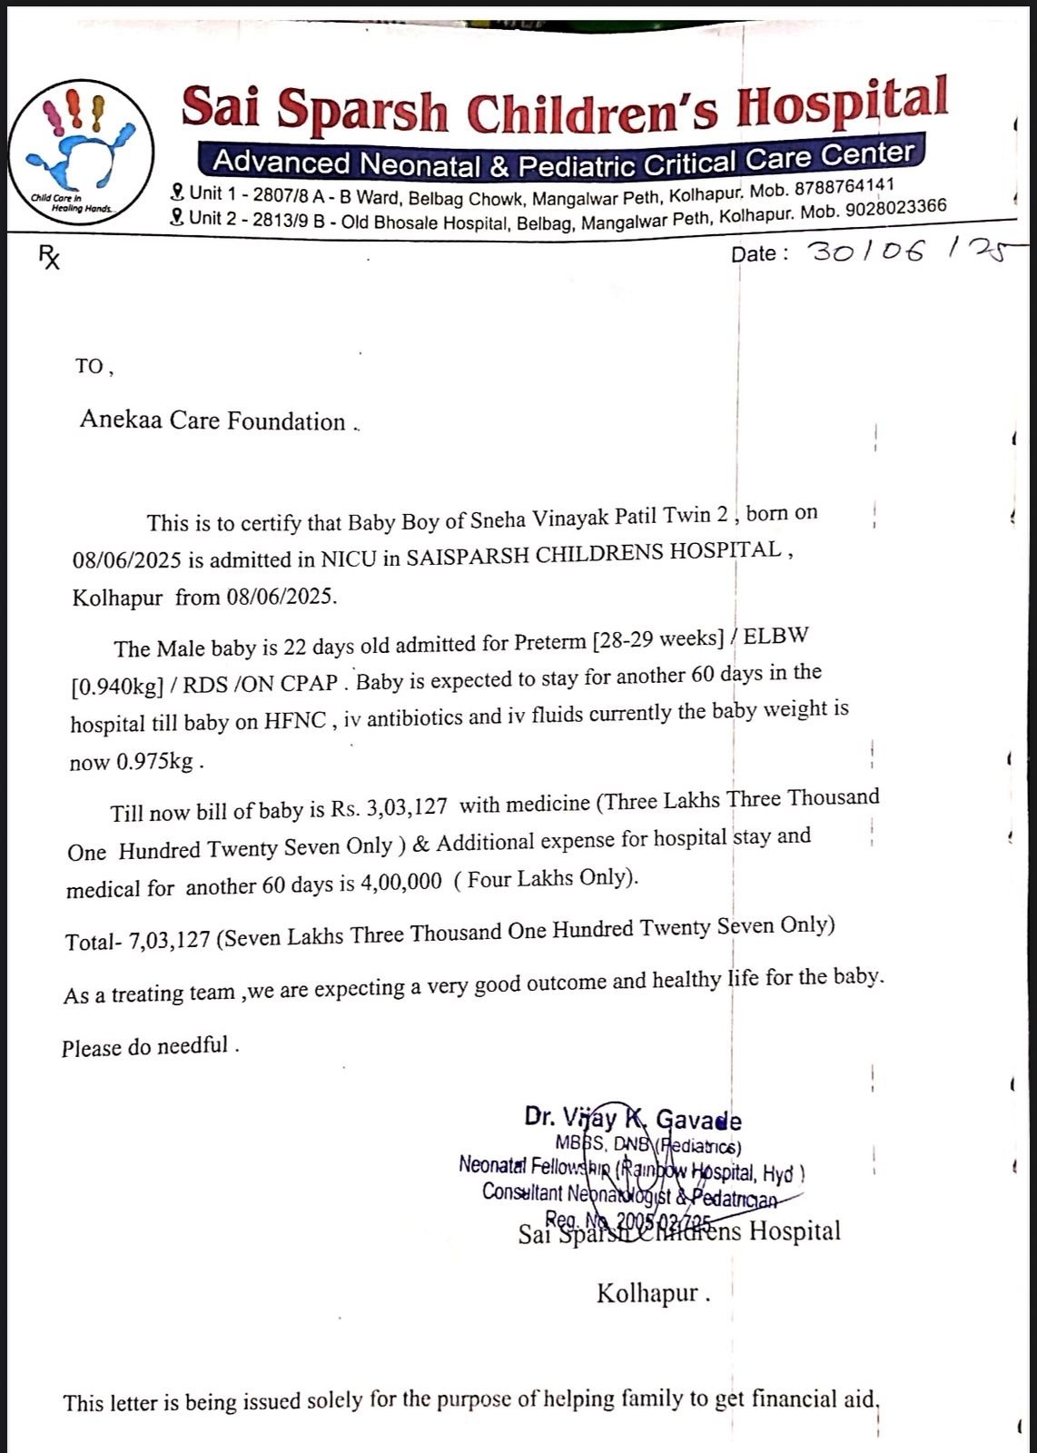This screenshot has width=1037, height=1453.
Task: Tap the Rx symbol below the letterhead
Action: pyautogui.click(x=49, y=259)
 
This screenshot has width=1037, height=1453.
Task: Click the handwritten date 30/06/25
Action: pyautogui.click(x=904, y=250)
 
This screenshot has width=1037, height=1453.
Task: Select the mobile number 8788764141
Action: pyautogui.click(x=844, y=187)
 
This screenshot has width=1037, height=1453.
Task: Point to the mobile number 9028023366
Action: pyautogui.click(x=895, y=208)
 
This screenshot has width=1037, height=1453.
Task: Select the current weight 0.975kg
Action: pyautogui.click(x=154, y=762)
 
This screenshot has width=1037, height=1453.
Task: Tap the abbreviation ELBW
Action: pyautogui.click(x=775, y=636)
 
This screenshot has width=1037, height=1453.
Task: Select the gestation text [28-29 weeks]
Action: pyautogui.click(x=657, y=640)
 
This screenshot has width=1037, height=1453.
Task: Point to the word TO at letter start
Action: pyautogui.click(x=90, y=366)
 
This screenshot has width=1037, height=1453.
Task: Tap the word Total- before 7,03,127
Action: pyautogui.click(x=93, y=942)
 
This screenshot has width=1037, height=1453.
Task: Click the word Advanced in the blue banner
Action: pyautogui.click(x=281, y=163)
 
